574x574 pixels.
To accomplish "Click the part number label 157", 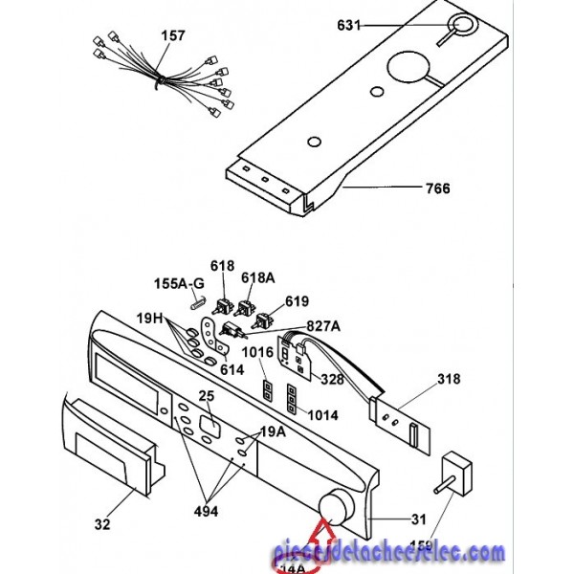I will [x=172, y=36].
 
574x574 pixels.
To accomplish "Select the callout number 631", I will [x=349, y=25].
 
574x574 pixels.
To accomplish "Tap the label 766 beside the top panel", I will [x=437, y=188].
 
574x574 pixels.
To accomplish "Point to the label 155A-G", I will [x=179, y=283].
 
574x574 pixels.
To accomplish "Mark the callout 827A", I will [x=323, y=325].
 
